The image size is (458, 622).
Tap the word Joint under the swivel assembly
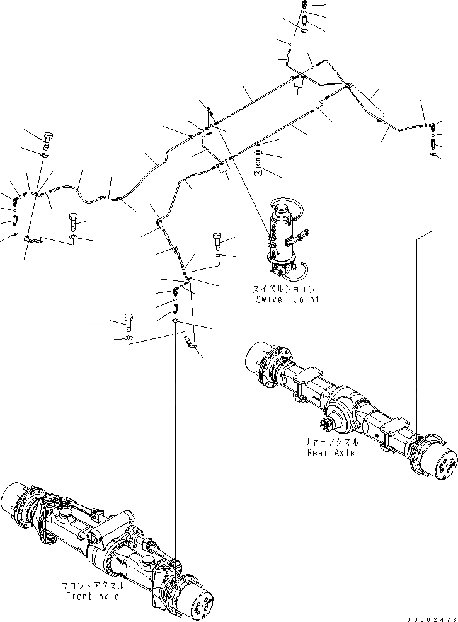tap(306, 299)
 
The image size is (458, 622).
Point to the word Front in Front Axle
tap(77, 596)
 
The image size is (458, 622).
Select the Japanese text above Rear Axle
tap(330, 442)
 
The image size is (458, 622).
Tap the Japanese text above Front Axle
tap(92, 585)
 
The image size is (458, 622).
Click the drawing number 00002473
tap(432, 615)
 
